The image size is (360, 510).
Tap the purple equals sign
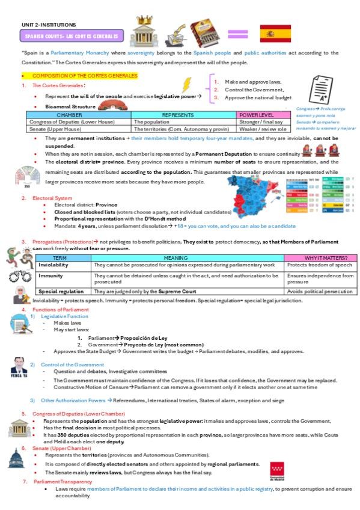point(237,34)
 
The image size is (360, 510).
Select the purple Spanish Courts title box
point(72,36)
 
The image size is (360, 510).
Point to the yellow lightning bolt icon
point(187,84)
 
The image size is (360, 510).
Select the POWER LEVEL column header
point(257,114)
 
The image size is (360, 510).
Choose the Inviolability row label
point(53,265)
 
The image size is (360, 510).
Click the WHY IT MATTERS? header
point(320,257)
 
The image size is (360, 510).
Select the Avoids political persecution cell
point(320,291)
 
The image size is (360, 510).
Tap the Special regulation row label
point(58,291)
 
